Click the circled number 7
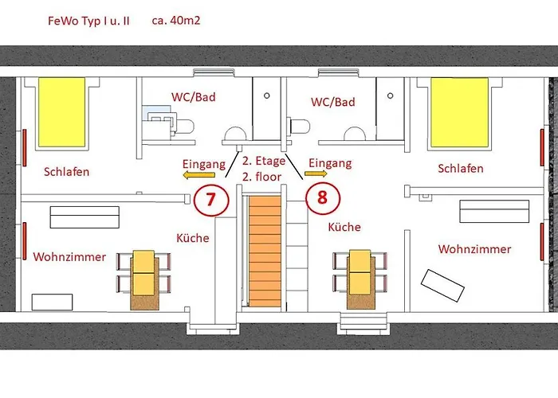click(210, 199)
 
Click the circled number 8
click(322, 197)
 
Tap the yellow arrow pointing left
click(199, 174)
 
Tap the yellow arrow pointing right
click(316, 174)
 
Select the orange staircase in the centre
click(265, 251)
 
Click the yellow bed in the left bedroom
click(61, 112)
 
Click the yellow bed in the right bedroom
click(459, 112)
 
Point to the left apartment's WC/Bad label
click(194, 97)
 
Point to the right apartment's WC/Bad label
click(333, 102)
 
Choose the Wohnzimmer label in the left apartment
click(69, 257)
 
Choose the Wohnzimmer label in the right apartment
click(475, 249)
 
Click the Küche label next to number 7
click(193, 238)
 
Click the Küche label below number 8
click(344, 227)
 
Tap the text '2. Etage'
click(264, 161)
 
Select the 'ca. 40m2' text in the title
click(176, 20)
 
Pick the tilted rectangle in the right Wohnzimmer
click(442, 286)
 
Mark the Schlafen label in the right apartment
click(461, 169)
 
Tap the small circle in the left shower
click(266, 96)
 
